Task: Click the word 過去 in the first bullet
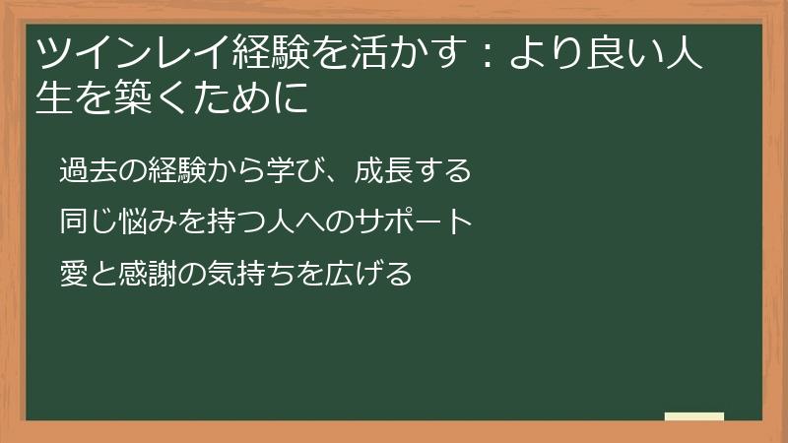(x=87, y=170)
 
